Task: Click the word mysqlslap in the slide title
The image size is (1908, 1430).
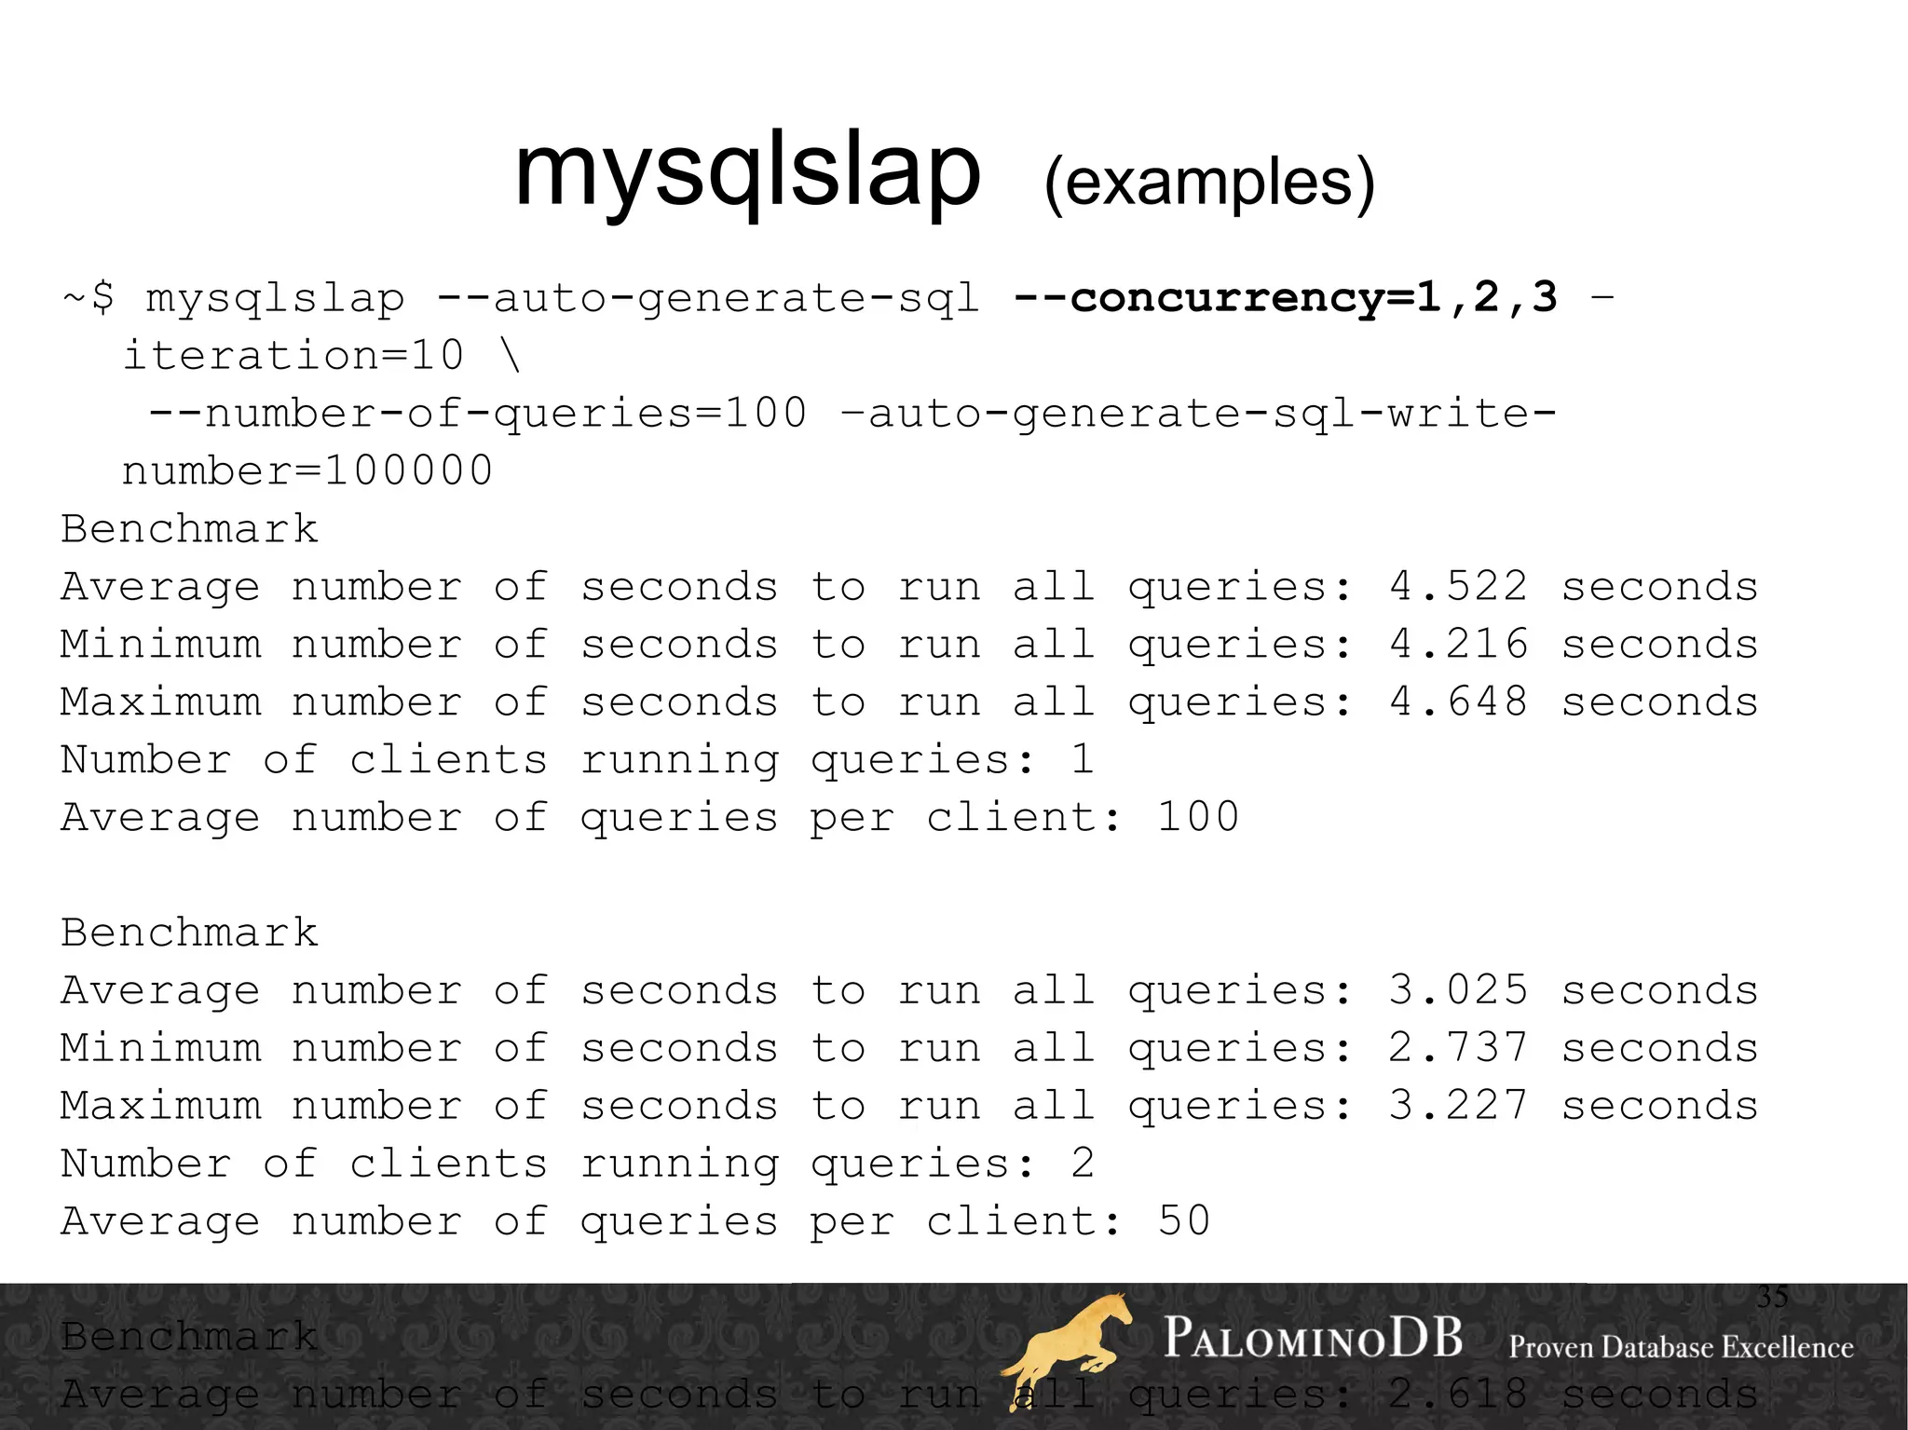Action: click(x=747, y=172)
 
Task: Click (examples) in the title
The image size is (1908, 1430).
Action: click(x=1208, y=182)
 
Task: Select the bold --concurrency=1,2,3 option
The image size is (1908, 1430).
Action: click(x=1285, y=298)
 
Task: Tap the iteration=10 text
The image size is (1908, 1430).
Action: click(x=293, y=356)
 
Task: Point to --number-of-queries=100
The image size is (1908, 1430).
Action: click(x=477, y=414)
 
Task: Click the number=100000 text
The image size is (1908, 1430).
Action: click(x=307, y=471)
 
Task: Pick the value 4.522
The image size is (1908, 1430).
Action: click(x=1458, y=587)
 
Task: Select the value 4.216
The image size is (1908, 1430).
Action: click(x=1458, y=645)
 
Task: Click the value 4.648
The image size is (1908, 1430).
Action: click(x=1458, y=702)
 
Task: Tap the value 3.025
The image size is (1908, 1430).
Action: click(x=1458, y=990)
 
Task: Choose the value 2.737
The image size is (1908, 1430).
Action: click(x=1458, y=1048)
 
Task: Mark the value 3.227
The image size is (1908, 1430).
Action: click(x=1458, y=1106)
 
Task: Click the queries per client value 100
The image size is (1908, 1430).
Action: click(x=1198, y=818)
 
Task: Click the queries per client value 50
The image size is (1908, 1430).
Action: click(x=1184, y=1221)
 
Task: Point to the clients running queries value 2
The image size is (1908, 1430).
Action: click(x=1083, y=1164)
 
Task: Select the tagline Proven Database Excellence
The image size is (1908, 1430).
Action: click(x=1681, y=1347)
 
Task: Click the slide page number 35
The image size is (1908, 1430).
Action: click(x=1772, y=1297)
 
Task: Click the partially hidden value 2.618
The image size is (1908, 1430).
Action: click(x=1458, y=1395)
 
